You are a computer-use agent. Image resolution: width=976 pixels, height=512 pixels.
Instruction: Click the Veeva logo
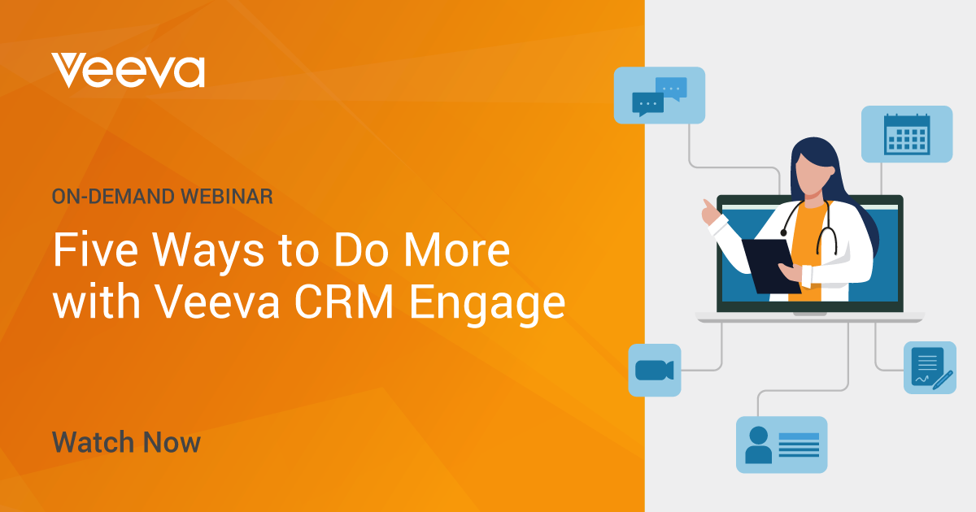click(128, 71)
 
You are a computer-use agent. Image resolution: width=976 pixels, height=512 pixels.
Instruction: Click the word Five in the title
click(95, 250)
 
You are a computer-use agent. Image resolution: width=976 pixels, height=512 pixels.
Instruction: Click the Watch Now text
click(126, 442)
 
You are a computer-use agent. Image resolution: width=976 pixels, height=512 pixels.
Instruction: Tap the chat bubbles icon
click(660, 96)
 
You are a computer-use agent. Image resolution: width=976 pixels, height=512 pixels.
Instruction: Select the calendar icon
click(907, 135)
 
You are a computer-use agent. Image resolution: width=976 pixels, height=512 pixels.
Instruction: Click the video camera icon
click(655, 371)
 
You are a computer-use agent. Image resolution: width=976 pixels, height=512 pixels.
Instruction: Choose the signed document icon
click(930, 368)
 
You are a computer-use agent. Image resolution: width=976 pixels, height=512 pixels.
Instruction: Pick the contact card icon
click(782, 445)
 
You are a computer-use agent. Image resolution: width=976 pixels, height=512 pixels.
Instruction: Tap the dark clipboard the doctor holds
click(771, 266)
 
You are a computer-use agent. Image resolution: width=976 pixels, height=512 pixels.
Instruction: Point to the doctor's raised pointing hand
click(710, 212)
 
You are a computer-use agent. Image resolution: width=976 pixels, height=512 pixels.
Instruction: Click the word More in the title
click(457, 250)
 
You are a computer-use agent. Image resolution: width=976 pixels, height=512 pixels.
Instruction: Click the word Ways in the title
click(208, 254)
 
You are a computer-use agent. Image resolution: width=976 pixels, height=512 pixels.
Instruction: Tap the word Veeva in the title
click(217, 302)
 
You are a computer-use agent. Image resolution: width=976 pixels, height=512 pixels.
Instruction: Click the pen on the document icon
click(943, 380)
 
